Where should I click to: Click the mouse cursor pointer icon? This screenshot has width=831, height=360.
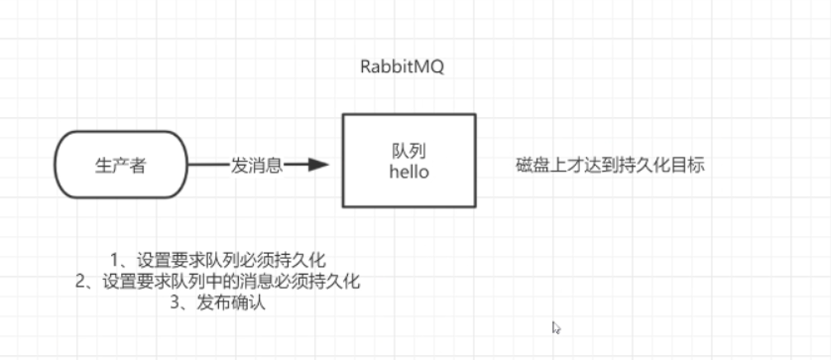(x=556, y=326)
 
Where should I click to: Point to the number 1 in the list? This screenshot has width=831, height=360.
(x=115, y=260)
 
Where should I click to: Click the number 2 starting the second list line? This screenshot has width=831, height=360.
(x=80, y=282)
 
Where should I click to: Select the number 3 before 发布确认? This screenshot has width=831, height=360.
(x=175, y=303)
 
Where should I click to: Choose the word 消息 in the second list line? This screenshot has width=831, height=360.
(x=276, y=282)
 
